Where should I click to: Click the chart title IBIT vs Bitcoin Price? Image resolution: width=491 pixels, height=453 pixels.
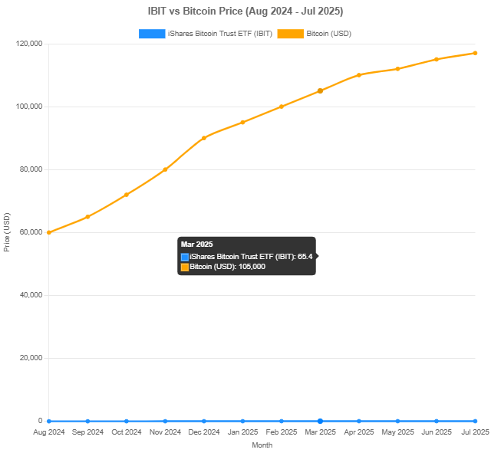[245, 11]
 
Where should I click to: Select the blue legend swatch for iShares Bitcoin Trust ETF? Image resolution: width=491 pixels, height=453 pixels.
[152, 34]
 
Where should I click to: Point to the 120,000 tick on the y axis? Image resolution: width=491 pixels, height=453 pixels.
[28, 44]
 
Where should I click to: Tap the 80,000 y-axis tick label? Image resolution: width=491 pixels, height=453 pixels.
[29, 169]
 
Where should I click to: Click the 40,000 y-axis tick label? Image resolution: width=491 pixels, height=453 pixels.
[29, 295]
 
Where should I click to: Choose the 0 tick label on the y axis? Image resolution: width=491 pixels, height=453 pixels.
[40, 421]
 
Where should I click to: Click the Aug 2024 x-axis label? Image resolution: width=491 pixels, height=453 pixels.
[49, 432]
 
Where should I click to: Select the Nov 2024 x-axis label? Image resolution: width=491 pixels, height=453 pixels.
[165, 432]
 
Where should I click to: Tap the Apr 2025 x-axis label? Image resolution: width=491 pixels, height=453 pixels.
[358, 432]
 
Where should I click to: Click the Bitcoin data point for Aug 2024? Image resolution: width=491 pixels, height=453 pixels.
[49, 232]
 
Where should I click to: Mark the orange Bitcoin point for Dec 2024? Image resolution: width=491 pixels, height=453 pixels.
[204, 138]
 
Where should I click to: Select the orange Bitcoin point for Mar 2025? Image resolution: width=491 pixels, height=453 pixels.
[320, 90]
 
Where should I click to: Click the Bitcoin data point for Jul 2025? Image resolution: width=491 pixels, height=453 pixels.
[475, 53]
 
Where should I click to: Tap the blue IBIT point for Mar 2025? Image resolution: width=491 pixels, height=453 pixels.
[320, 421]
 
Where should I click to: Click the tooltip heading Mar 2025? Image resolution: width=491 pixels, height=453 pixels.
[196, 244]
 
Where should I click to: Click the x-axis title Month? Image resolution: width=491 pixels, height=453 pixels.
[262, 445]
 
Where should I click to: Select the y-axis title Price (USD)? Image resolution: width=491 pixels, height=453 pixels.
[7, 232]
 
